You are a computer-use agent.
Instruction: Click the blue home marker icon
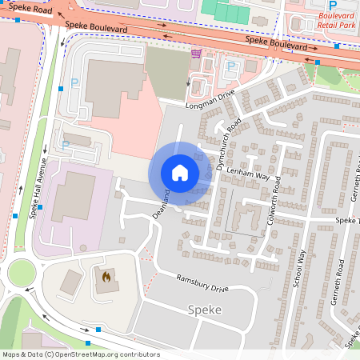[180, 172]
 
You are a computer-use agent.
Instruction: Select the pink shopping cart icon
[197, 54]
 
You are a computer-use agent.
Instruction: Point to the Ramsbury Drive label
[202, 282]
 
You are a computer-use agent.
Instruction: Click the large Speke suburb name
[204, 309]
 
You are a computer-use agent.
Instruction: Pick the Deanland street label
[162, 204]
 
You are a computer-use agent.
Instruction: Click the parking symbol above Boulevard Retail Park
[332, 5]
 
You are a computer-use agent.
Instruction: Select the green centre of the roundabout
[22, 274]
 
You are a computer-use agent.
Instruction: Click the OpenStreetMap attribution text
[80, 354]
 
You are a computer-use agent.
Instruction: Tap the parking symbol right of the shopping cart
[231, 66]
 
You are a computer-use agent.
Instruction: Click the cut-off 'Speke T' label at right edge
[348, 220]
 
